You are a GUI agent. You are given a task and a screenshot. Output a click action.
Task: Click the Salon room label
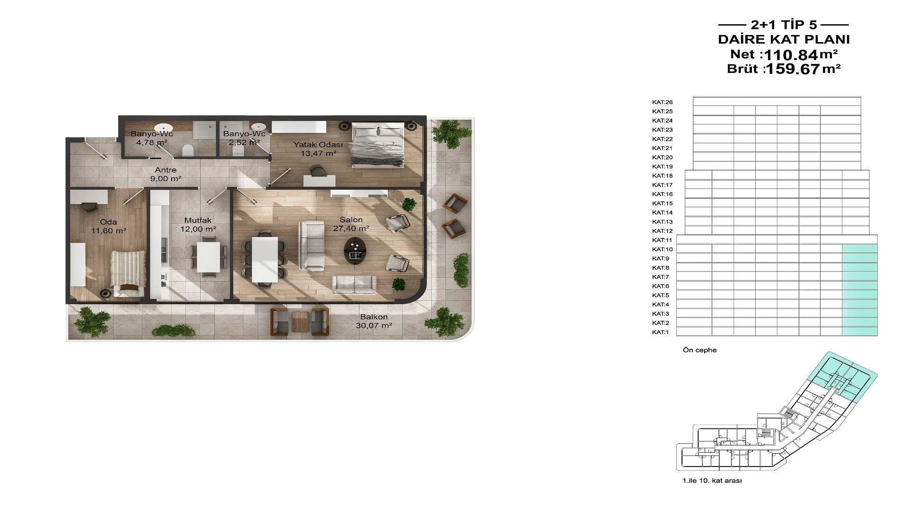pyautogui.click(x=351, y=220)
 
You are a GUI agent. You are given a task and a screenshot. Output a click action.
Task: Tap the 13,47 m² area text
pyautogui.click(x=321, y=153)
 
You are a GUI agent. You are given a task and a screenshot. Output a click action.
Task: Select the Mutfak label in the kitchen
pyautogui.click(x=198, y=220)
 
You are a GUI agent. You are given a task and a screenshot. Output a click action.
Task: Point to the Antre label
pyautogui.click(x=166, y=170)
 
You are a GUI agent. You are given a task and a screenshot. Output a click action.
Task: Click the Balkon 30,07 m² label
pyautogui.click(x=374, y=321)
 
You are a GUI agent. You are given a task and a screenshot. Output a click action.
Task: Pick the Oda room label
pyautogui.click(x=108, y=222)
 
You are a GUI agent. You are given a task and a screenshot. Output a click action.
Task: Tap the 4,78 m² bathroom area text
pyautogui.click(x=152, y=142)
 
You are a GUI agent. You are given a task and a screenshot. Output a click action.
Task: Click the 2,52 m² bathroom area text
pyautogui.click(x=244, y=142)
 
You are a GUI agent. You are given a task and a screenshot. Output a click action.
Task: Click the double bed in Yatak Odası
pyautogui.click(x=377, y=144)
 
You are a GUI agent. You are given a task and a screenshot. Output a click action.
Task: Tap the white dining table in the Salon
pyautogui.click(x=264, y=259)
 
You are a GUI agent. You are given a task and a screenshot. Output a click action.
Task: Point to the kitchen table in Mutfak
pyautogui.click(x=208, y=257)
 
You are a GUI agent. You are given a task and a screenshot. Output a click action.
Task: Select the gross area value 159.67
pyautogui.click(x=793, y=69)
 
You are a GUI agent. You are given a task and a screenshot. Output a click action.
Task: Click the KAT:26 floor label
pyautogui.click(x=662, y=102)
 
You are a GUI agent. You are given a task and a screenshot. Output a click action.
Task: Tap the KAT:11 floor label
pyautogui.click(x=662, y=240)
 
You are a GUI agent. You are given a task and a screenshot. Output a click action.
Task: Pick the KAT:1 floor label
pyautogui.click(x=661, y=332)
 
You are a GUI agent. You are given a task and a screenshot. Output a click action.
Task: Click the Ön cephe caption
pyautogui.click(x=699, y=350)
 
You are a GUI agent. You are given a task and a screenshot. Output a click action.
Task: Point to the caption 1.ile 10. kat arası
pyautogui.click(x=712, y=481)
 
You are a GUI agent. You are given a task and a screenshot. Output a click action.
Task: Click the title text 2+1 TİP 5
pyautogui.click(x=784, y=25)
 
